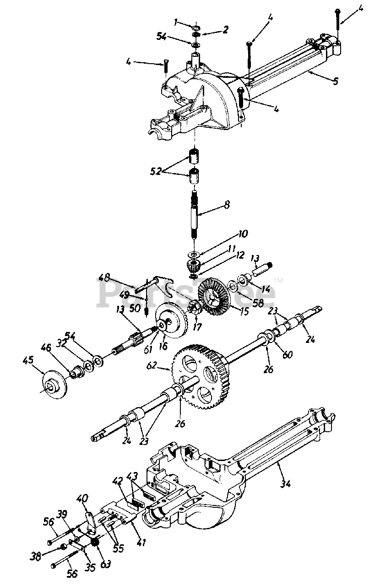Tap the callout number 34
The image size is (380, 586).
286,483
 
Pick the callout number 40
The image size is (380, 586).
81,498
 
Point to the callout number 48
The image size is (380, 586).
105,277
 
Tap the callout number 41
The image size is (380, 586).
141,543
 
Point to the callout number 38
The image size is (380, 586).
35,556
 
